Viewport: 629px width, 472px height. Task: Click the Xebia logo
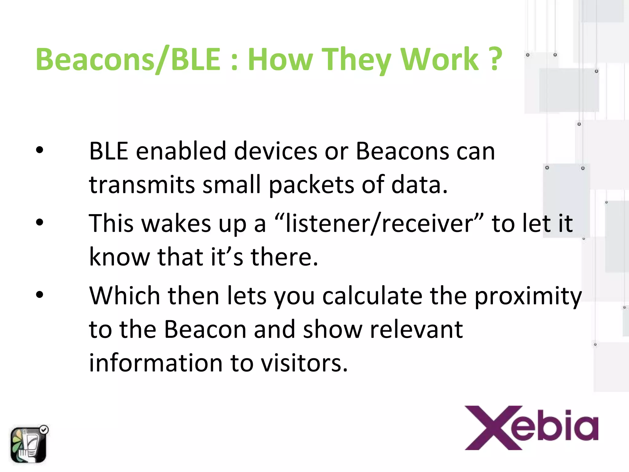[x=531, y=428]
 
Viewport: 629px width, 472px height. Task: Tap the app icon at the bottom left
[x=29, y=444]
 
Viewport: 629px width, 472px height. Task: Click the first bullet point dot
[x=40, y=150]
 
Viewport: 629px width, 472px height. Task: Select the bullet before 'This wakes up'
[x=40, y=222]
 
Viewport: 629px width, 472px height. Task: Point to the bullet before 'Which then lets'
[x=40, y=295]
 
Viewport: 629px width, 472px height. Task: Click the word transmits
[x=142, y=185]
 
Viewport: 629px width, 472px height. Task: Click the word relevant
[x=416, y=330]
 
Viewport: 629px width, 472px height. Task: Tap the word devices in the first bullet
[x=275, y=151]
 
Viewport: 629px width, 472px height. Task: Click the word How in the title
[x=280, y=59]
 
